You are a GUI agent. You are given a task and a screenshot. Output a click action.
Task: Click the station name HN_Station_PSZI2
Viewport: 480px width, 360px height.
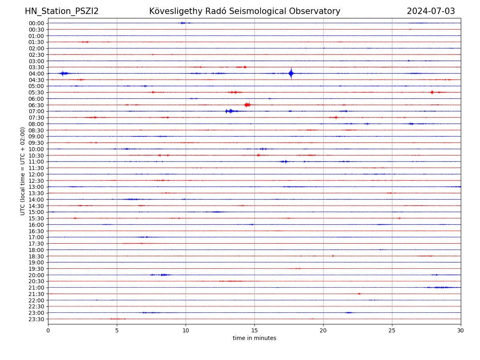coord(62,11)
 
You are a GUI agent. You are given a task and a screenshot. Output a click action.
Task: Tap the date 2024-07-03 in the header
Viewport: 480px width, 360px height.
coord(431,11)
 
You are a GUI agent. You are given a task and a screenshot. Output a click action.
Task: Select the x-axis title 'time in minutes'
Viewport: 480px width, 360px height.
coord(254,338)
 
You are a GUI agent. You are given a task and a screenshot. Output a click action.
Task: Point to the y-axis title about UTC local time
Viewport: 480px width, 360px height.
coord(23,171)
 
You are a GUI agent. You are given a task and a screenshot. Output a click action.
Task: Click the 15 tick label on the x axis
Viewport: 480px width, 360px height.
coord(254,331)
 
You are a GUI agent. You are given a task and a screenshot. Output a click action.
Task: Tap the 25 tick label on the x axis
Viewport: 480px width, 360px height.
coord(392,331)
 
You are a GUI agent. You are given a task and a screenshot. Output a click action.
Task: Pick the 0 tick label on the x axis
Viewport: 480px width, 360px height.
coord(48,331)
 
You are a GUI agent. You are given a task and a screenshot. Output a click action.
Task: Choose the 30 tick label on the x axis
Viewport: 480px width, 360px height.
coord(461,331)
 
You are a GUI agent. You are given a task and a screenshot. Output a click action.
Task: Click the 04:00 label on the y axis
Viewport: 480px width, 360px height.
coord(36,74)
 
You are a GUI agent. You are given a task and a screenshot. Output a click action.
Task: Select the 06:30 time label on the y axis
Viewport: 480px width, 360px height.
coord(36,105)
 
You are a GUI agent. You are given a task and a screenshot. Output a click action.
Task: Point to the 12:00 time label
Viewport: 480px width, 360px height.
coord(36,174)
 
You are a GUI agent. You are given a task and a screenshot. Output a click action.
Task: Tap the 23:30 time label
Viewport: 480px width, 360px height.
coord(36,319)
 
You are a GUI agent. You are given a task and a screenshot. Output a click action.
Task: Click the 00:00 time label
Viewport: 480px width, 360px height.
coord(36,23)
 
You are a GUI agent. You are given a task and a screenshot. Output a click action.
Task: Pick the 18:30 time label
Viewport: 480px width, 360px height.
coord(36,256)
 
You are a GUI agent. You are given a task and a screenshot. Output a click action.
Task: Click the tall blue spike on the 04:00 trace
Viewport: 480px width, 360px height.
coord(291,73)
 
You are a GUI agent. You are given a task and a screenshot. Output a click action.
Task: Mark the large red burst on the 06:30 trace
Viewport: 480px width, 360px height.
coord(247,105)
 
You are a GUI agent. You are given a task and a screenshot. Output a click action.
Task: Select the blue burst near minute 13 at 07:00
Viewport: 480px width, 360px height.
coord(229,111)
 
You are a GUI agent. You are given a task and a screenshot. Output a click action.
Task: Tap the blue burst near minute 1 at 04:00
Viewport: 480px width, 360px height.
coord(63,73)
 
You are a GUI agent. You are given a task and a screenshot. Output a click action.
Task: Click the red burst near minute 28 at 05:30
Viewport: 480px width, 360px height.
coord(432,92)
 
